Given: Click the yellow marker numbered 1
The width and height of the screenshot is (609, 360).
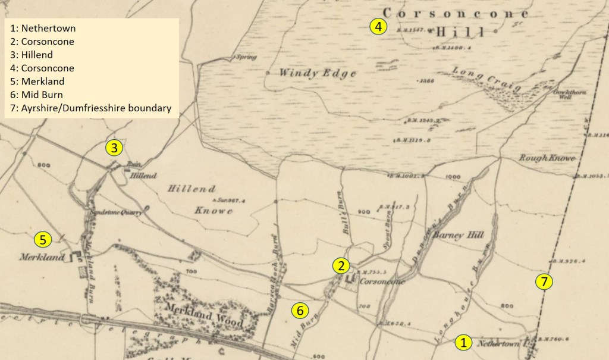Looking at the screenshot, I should pos(463,342).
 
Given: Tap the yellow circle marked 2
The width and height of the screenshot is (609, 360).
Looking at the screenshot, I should pos(341,265).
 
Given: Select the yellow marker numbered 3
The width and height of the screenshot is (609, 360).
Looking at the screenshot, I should pos(114,148).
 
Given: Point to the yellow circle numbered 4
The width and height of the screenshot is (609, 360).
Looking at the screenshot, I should pos(378,26).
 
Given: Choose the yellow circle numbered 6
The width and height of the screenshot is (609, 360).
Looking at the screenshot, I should pos(300,310).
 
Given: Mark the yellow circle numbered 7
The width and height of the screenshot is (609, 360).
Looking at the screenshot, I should pos(544,282).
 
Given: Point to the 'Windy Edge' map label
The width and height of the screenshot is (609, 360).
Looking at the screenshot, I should pos(318,74).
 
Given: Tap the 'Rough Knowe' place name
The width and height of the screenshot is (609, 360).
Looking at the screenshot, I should pos(539,158).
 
